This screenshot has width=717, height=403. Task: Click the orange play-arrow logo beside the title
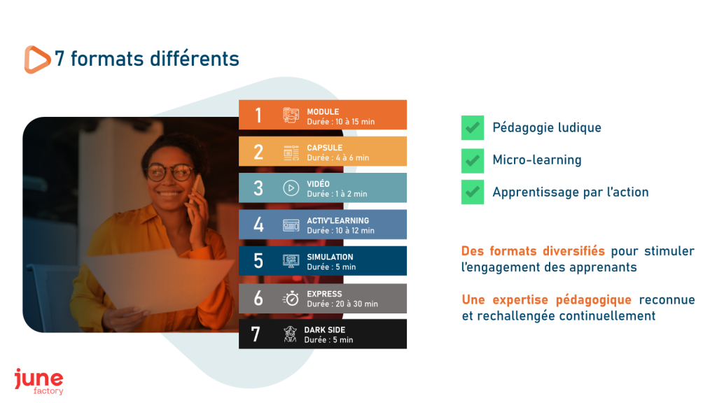click(x=36, y=59)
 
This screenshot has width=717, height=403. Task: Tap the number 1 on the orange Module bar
click(x=258, y=115)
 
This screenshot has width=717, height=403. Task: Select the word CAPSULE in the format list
click(x=325, y=148)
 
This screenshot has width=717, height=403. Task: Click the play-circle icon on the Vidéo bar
click(x=291, y=188)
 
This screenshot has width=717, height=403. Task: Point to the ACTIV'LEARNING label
click(x=338, y=220)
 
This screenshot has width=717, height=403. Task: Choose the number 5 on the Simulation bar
click(x=258, y=261)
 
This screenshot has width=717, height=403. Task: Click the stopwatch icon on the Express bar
click(x=291, y=298)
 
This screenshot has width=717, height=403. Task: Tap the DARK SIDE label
click(x=325, y=330)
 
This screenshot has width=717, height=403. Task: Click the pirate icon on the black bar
click(x=290, y=334)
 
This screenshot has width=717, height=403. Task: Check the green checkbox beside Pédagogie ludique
click(x=473, y=127)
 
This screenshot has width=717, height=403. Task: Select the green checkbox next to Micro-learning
click(x=473, y=160)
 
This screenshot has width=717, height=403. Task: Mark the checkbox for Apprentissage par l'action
click(x=473, y=192)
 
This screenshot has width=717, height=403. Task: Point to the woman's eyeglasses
click(x=169, y=173)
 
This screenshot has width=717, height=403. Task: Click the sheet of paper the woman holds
click(x=158, y=281)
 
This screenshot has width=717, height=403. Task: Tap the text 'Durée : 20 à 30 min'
click(x=342, y=304)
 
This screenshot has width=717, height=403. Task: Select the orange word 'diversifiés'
click(x=574, y=251)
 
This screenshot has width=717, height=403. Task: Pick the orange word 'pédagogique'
click(x=594, y=301)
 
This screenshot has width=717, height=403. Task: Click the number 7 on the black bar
click(x=256, y=334)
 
